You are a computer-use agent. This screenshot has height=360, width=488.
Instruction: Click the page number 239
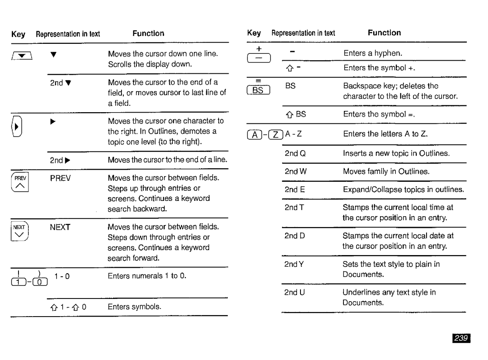(x=463, y=338)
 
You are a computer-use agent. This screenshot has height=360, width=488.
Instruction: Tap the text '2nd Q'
(x=296, y=153)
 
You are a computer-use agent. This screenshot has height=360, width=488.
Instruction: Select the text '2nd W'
(x=296, y=171)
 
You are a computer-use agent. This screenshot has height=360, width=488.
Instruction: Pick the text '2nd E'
(x=295, y=189)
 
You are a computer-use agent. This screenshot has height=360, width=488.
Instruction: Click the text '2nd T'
(x=295, y=207)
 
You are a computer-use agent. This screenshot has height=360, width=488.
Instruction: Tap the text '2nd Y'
(x=295, y=264)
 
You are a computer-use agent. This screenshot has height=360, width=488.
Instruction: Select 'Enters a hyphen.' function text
(x=373, y=53)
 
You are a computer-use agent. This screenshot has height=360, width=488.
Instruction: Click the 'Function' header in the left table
(x=148, y=33)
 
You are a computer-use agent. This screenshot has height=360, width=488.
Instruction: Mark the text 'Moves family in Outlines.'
(x=386, y=171)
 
